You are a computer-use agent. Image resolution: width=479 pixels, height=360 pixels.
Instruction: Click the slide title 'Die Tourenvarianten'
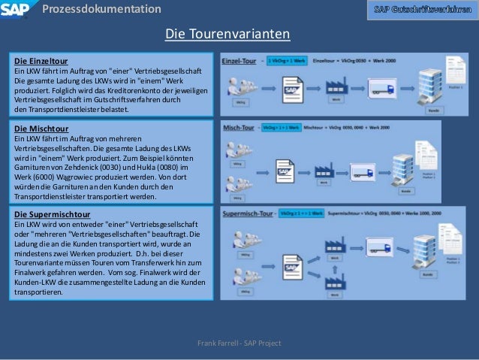pos(227,35)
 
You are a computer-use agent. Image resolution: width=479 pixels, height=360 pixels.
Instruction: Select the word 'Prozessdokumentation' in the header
pos(101,9)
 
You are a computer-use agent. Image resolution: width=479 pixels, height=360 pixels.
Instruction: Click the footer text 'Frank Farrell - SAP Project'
pos(239,343)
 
